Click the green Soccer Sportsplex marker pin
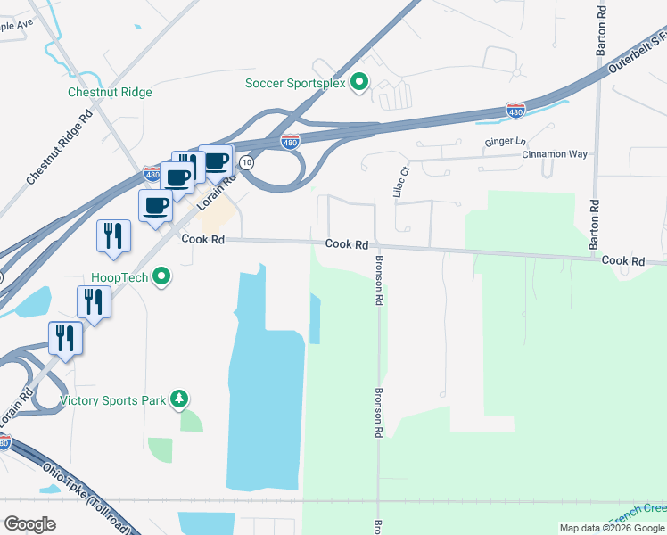[359, 83]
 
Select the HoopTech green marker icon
[161, 277]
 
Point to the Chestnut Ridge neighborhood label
[110, 92]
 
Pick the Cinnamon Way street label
[555, 154]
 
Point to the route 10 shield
[247, 163]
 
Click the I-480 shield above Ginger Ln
[515, 109]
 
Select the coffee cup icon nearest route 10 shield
[216, 161]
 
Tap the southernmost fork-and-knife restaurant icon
[65, 339]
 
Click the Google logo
[29, 524]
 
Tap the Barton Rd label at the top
[602, 25]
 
